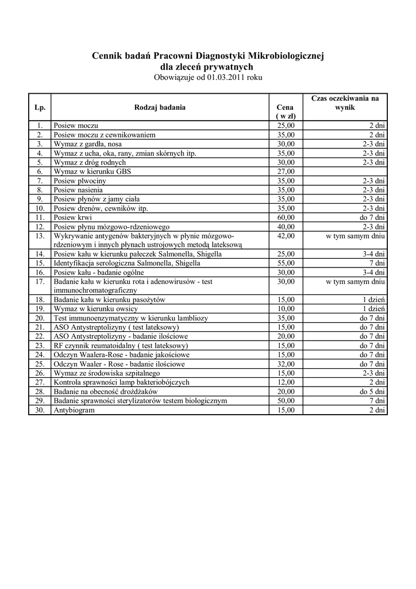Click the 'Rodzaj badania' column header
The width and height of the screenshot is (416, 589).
coord(160,107)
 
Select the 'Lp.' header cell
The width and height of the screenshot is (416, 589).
coord(40,107)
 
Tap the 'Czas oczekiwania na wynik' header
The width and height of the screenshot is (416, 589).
coord(345,103)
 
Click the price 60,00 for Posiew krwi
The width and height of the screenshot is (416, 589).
coord(286,217)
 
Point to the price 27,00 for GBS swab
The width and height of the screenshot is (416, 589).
coord(286,171)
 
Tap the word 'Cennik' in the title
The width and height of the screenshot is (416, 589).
coord(109,56)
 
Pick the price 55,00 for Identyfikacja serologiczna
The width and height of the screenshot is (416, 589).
coord(286,263)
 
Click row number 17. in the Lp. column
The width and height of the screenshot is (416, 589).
coord(40,282)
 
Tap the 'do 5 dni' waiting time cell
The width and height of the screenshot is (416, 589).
coord(372,392)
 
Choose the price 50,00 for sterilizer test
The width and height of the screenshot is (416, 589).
coord(286,401)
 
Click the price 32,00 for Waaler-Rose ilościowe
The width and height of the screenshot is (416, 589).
coord(286,365)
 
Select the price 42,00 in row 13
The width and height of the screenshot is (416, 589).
coord(286,236)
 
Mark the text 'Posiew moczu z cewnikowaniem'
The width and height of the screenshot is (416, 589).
coord(104,135)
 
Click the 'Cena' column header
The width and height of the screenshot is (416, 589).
coord(286,107)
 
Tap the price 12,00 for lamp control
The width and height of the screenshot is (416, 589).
coord(286,383)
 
